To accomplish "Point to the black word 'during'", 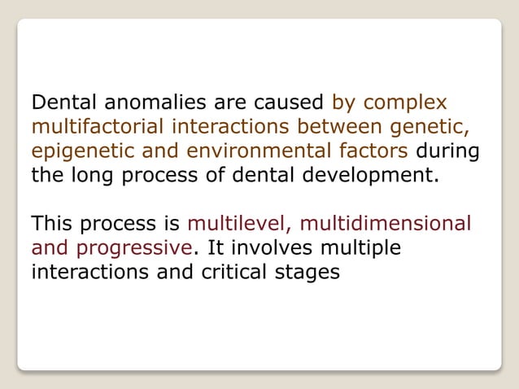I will [447, 151].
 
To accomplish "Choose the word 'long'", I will [90, 175].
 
